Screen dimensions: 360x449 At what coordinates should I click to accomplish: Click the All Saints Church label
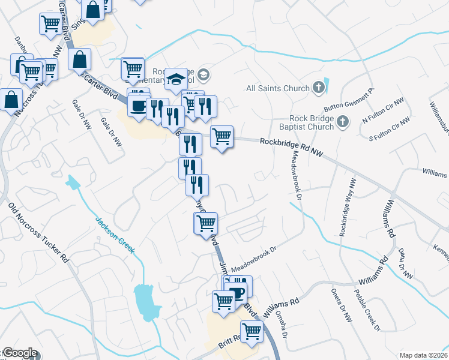coord(278,88)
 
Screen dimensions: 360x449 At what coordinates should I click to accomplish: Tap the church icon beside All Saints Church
coord(319,88)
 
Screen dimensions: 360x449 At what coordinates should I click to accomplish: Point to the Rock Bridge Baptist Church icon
coord(343,122)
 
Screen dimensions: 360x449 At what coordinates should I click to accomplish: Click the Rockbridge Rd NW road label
coord(292,148)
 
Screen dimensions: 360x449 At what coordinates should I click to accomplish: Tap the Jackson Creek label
coord(114,235)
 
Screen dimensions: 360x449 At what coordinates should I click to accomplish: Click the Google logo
coord(19,353)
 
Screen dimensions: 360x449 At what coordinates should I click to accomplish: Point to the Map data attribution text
coord(423,355)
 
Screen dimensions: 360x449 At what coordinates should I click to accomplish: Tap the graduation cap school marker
coord(176,79)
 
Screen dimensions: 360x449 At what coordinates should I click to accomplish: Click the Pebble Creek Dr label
coord(367,309)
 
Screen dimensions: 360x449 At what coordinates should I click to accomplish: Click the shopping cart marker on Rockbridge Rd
coord(222,137)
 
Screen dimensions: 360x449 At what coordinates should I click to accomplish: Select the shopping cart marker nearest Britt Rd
coord(252,330)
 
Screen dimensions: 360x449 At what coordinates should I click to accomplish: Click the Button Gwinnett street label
coord(348,100)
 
